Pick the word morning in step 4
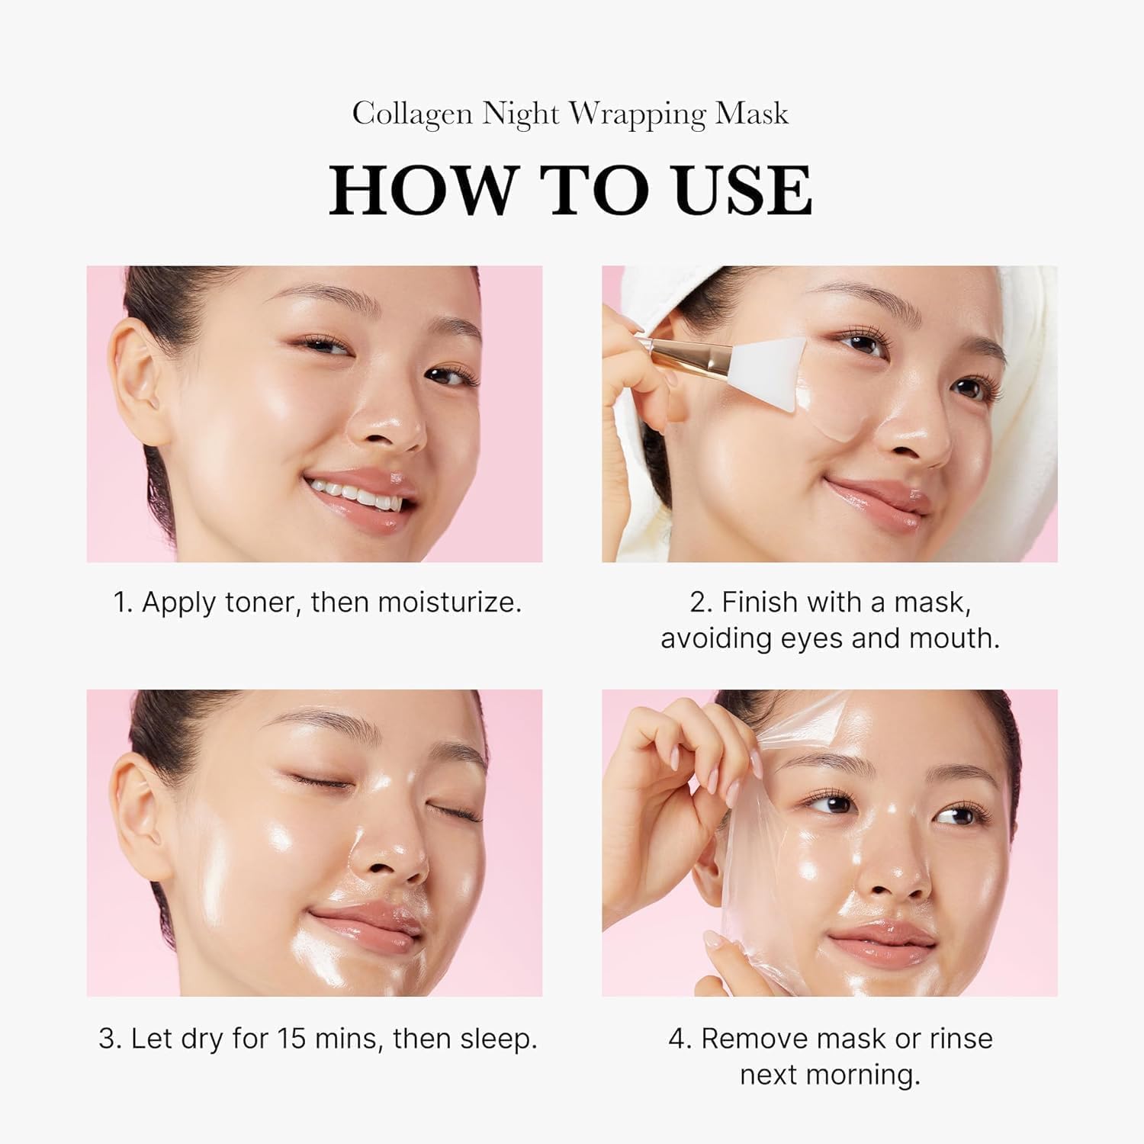(873, 1075)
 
